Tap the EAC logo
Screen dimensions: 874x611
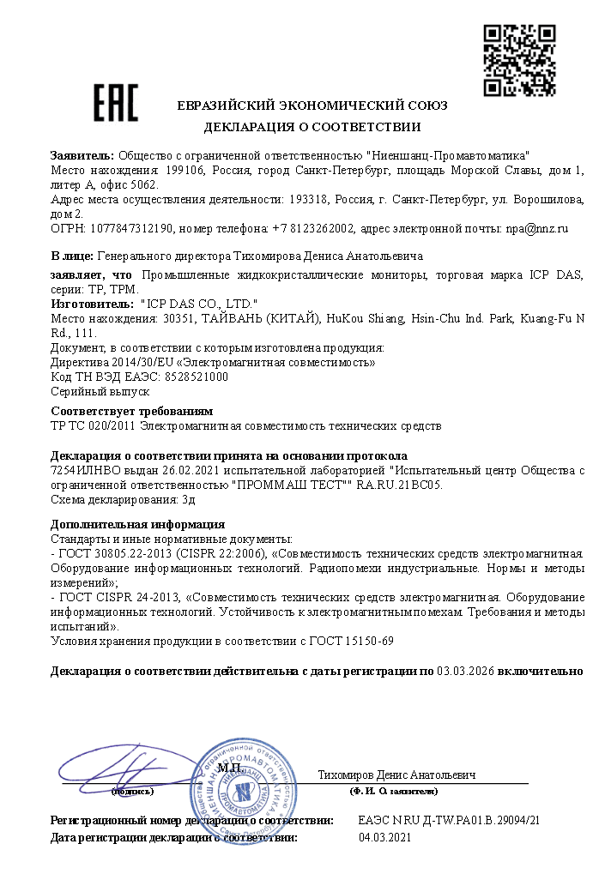pos(115,102)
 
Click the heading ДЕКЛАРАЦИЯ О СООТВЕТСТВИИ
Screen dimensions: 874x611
pos(312,128)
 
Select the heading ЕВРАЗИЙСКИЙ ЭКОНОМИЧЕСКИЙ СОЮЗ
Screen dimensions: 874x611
pos(312,105)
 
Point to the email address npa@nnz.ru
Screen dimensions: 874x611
pos(536,229)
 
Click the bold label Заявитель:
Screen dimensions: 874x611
pos(82,156)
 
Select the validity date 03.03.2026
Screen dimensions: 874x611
pos(464,671)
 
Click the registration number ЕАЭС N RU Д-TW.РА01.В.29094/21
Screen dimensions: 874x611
pos(448,821)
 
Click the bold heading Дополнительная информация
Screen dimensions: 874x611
pos(137,524)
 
